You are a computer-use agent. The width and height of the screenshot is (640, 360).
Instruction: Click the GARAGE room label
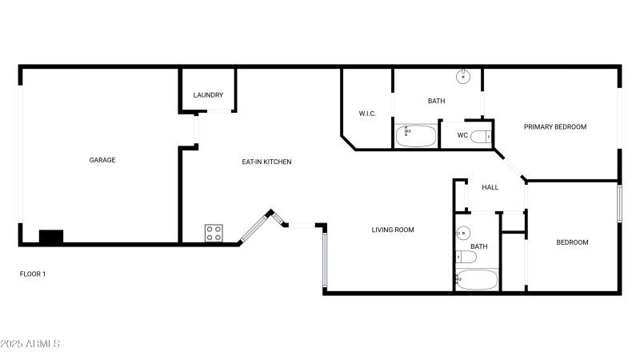[102, 160]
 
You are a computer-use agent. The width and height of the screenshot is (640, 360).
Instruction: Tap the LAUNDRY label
[208, 95]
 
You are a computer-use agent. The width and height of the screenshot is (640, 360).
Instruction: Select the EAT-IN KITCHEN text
[266, 162]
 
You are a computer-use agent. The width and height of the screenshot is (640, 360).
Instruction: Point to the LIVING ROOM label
[393, 230]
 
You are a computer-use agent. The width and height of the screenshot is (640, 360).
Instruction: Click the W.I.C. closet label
[367, 114]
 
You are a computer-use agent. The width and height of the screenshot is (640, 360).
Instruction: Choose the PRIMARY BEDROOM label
[555, 127]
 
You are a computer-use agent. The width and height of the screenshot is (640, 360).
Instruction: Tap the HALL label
[490, 187]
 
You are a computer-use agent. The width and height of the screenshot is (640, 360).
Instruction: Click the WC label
[462, 135]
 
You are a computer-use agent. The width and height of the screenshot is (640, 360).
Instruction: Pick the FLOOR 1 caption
[33, 274]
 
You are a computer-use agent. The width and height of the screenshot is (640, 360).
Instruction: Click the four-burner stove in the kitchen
[214, 233]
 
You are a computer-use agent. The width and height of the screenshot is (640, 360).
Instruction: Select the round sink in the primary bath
[463, 76]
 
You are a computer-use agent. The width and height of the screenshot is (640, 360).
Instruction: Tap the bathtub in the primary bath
[416, 136]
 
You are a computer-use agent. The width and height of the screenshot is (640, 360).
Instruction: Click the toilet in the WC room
[482, 136]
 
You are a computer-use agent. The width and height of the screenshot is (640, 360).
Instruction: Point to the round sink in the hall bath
[463, 233]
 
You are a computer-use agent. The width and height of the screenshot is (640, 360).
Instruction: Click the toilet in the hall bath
[466, 257]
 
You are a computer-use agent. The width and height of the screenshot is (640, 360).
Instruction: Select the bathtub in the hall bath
[477, 279]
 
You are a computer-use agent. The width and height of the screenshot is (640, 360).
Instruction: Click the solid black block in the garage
[51, 237]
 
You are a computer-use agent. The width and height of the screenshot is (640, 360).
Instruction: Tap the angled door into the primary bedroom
[510, 165]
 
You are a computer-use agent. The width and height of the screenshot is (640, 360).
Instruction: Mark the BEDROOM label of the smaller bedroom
[572, 242]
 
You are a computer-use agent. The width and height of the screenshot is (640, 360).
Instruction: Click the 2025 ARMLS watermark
[30, 344]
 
